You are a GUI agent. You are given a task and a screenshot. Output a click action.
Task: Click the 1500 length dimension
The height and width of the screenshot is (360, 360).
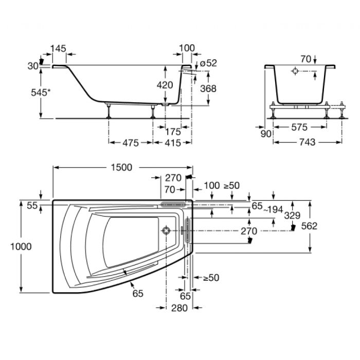tap(121, 167)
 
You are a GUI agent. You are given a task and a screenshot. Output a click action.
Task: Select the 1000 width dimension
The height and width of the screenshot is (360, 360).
tap(21, 246)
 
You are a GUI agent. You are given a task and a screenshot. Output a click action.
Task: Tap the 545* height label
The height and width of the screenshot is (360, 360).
tap(41, 92)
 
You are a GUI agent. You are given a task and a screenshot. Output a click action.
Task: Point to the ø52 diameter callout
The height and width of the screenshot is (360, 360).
tap(208, 63)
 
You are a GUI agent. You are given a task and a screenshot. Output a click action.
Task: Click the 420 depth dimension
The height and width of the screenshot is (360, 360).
tap(165, 85)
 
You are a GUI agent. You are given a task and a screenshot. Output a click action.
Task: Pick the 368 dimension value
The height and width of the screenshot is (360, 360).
tap(208, 88)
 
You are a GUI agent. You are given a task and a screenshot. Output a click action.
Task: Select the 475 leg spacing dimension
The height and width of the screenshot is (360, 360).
tap(131, 143)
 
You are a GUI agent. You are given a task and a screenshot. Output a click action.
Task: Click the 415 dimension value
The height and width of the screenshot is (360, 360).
tap(173, 143)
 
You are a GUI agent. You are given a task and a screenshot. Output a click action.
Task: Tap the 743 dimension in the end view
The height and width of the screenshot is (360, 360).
tap(308, 142)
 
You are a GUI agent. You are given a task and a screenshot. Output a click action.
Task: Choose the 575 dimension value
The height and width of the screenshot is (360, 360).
tap(299, 127)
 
